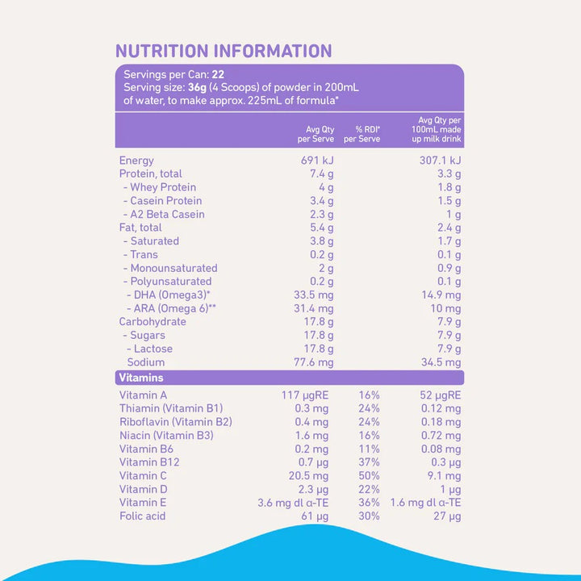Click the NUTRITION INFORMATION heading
click(224, 51)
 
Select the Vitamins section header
click(141, 378)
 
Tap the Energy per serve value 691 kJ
click(317, 161)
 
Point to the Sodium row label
click(145, 362)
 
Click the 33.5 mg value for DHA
click(313, 295)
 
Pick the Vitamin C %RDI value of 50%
click(368, 475)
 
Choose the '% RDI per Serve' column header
click(362, 134)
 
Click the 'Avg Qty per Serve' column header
click(316, 134)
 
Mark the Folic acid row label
click(142, 516)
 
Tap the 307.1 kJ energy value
click(438, 161)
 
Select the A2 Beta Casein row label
click(164, 214)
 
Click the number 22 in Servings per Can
click(218, 74)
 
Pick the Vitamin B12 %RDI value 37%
click(368, 462)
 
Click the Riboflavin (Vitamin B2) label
click(176, 422)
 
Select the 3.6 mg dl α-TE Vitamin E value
click(293, 503)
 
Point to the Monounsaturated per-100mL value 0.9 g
click(448, 268)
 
